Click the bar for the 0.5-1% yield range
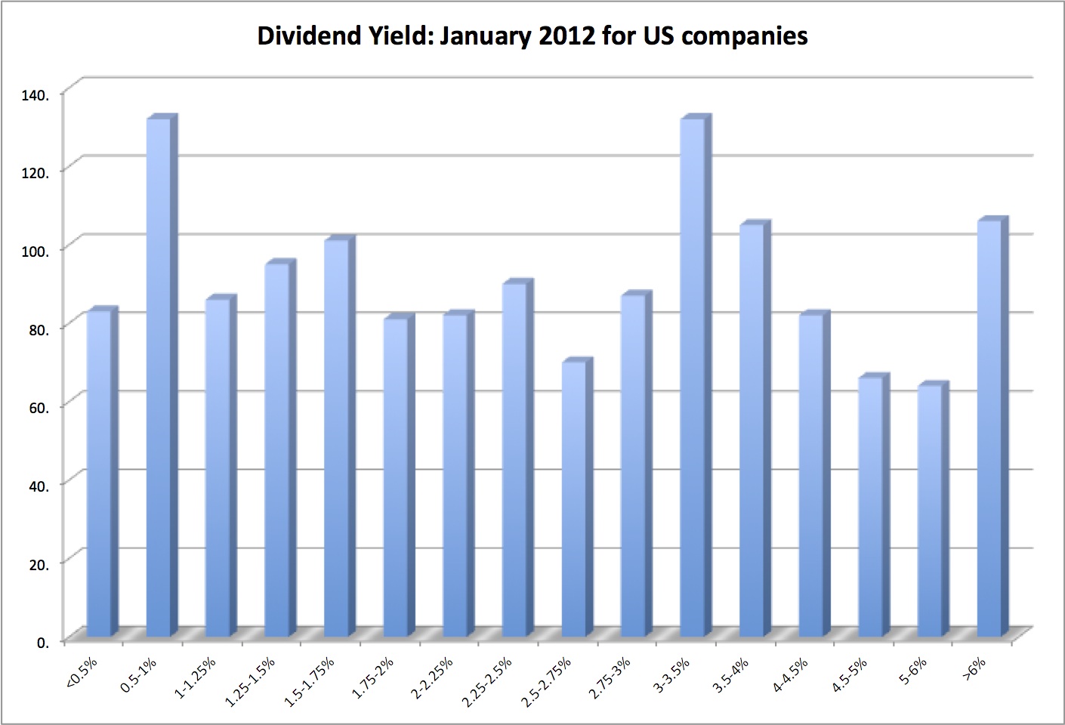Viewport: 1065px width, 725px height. (159, 378)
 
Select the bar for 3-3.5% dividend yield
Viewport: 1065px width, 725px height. (693, 378)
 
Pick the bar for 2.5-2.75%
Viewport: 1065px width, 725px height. (574, 498)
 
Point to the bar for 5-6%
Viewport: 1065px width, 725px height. (930, 511)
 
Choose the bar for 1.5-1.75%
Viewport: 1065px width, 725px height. (337, 438)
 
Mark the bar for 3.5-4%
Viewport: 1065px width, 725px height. (752, 430)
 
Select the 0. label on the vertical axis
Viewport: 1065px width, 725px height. (45, 642)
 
